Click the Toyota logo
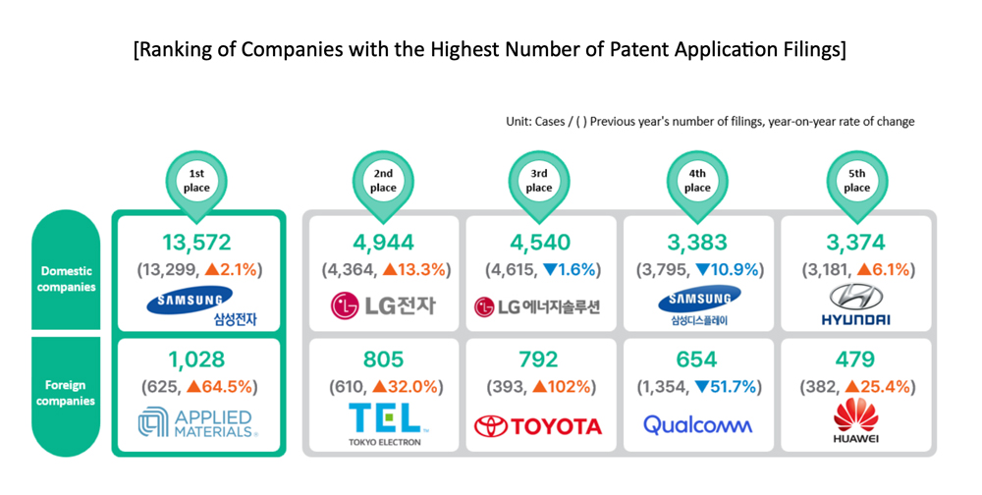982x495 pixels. [x=538, y=426]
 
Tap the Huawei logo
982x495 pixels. [x=855, y=420]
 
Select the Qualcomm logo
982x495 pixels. [x=697, y=425]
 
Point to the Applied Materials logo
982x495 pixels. [x=197, y=423]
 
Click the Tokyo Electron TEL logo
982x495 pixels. [x=385, y=424]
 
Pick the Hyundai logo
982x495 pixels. [x=855, y=304]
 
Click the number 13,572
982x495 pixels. [x=196, y=243]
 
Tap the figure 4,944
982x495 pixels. [x=383, y=243]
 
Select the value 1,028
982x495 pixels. [x=196, y=359]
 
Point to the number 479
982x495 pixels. [x=855, y=359]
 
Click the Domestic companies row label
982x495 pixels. [x=66, y=279]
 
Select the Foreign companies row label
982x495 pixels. [x=66, y=393]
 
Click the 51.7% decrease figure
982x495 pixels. [x=728, y=387]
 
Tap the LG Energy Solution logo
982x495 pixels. [x=537, y=307]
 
